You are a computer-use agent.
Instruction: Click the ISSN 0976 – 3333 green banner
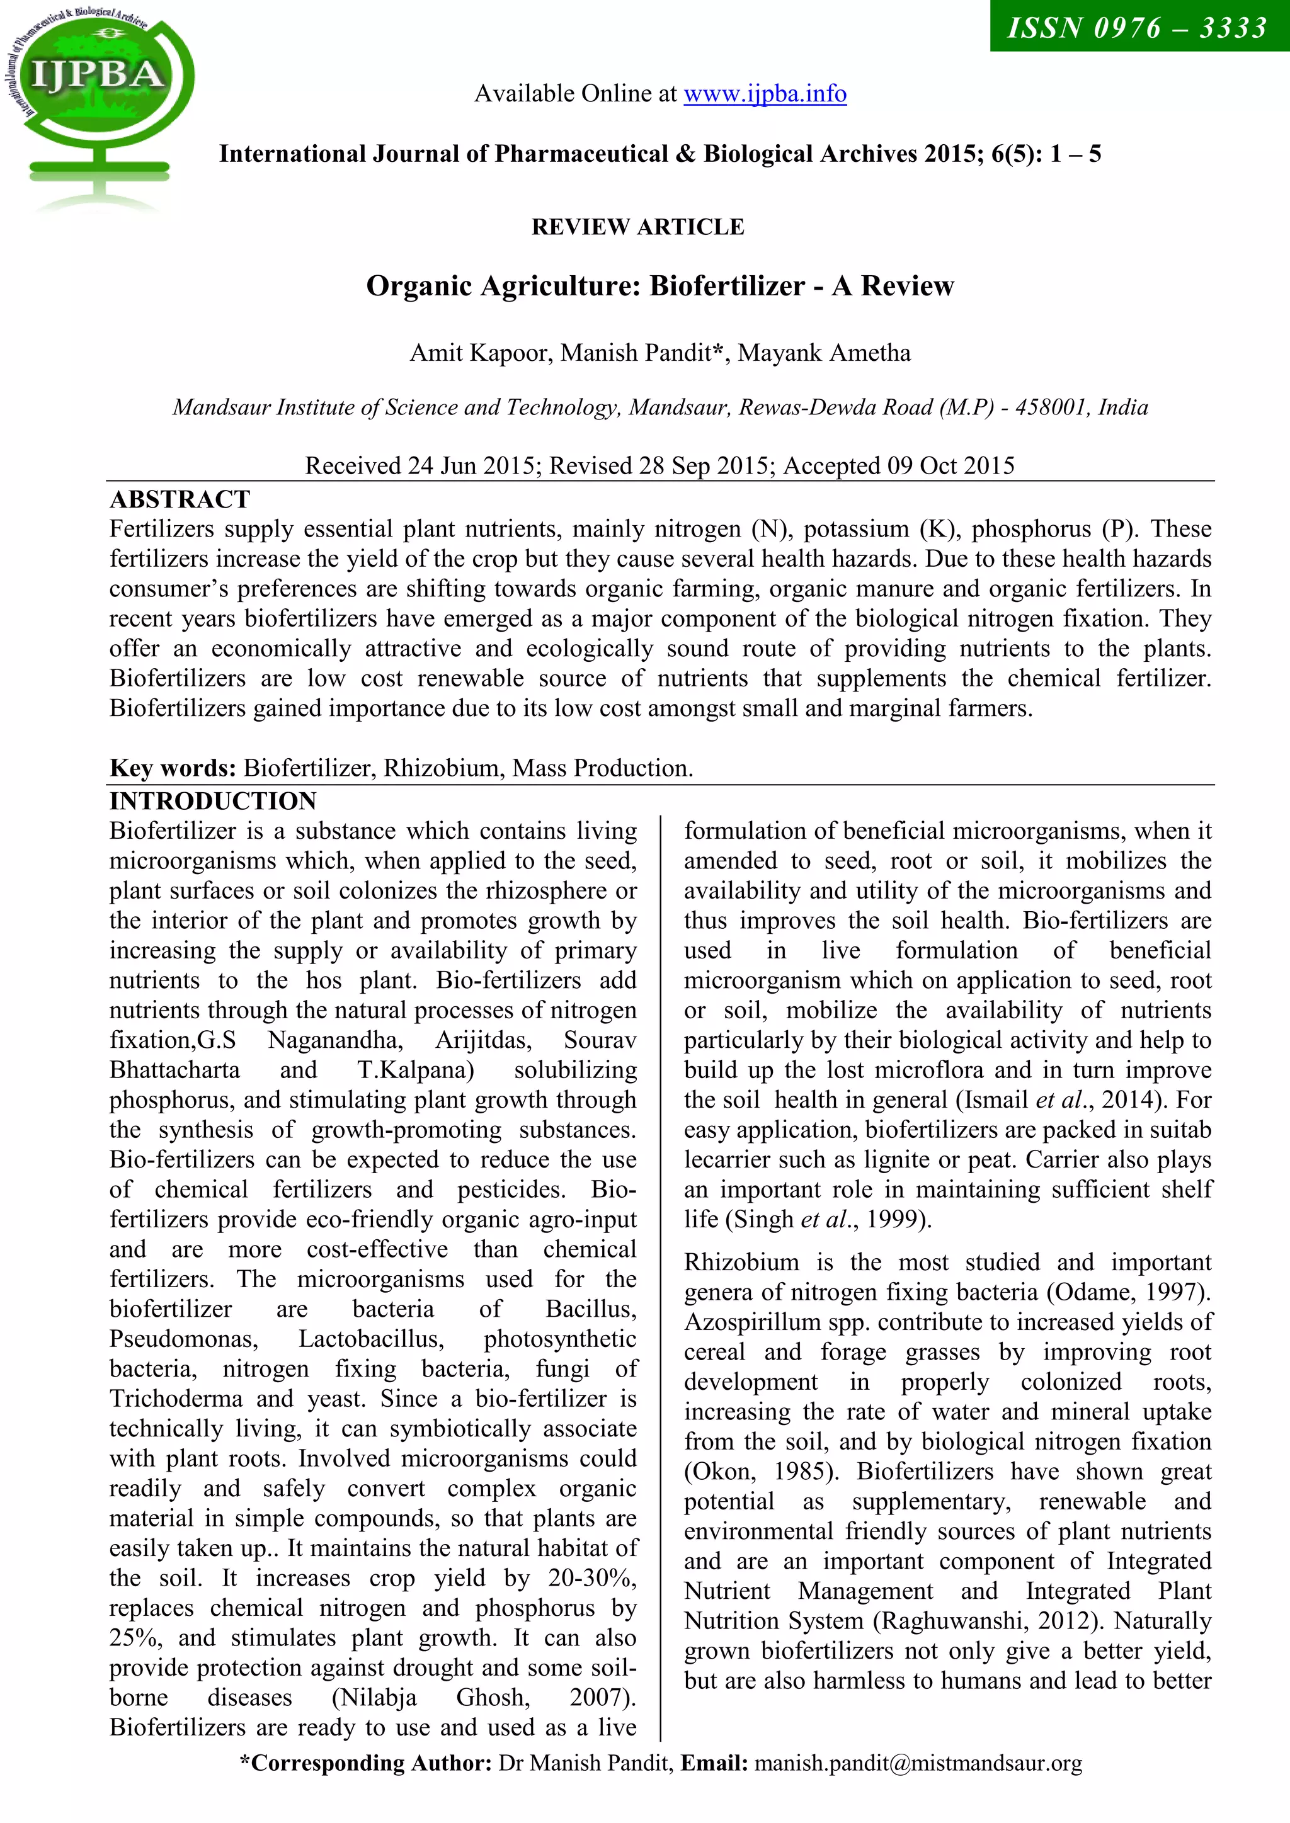point(1138,28)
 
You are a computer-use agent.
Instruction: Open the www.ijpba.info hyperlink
point(765,94)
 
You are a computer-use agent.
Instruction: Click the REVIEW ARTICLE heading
point(638,227)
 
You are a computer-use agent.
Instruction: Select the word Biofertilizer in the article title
point(727,286)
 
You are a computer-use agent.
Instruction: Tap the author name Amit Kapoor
point(480,353)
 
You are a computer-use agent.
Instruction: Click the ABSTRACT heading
point(180,499)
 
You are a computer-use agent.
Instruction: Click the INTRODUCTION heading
point(213,800)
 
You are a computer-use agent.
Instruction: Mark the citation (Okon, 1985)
point(760,1471)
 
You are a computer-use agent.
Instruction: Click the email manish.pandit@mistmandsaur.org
point(918,1763)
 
